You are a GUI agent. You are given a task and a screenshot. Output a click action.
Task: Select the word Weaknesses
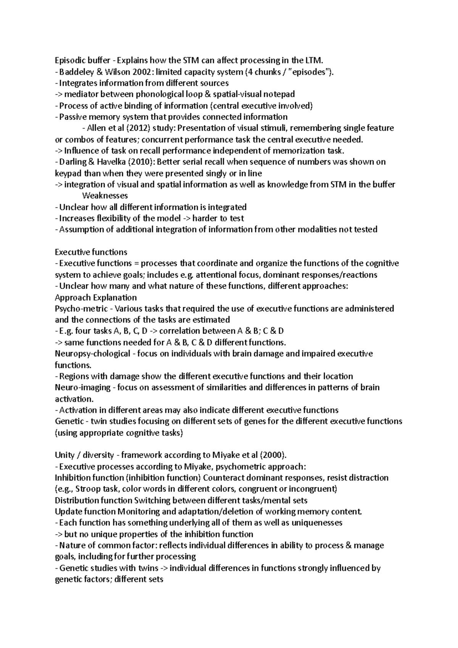(x=105, y=196)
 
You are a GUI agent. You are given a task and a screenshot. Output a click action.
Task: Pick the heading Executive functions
(x=91, y=252)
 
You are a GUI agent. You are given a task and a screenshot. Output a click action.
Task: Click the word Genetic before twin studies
(x=69, y=421)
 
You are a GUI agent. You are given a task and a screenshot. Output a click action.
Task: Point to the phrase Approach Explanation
(x=96, y=297)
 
